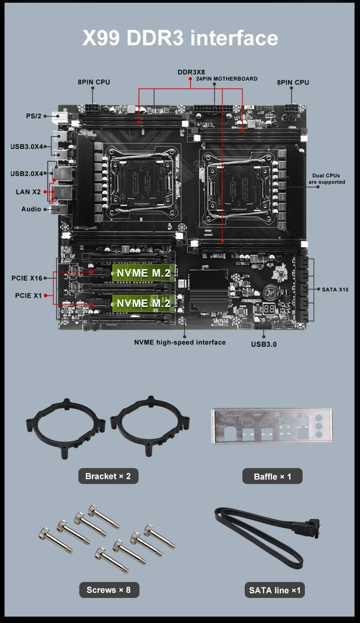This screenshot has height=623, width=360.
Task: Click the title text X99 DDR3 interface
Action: pos(180,38)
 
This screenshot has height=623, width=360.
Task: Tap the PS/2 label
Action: pos(34,116)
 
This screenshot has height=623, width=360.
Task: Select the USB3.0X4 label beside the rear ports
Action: pos(27,147)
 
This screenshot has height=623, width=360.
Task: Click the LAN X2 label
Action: pos(28,192)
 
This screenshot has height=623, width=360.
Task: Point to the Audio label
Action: pos(31,209)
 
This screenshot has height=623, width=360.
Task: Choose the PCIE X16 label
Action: pos(27,278)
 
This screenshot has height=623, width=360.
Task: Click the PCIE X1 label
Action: pos(28,296)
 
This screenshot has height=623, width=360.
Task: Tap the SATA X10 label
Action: pos(335,289)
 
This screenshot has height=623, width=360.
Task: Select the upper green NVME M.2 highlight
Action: pos(144,273)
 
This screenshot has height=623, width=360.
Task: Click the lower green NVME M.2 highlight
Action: pos(144,303)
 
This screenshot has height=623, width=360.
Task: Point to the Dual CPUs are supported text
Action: pos(327,179)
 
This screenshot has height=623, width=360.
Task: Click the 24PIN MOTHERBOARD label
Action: pos(227,79)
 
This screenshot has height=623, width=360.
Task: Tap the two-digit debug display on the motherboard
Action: pos(269,309)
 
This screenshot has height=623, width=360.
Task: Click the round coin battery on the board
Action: pos(271,292)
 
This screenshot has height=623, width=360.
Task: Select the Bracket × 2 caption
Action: pos(108,476)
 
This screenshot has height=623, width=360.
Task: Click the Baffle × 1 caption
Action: pos(273,476)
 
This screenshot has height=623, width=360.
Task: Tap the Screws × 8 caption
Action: pos(109,590)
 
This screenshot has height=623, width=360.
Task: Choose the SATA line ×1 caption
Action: pos(275,590)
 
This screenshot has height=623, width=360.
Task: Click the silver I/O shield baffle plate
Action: pos(272,426)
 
